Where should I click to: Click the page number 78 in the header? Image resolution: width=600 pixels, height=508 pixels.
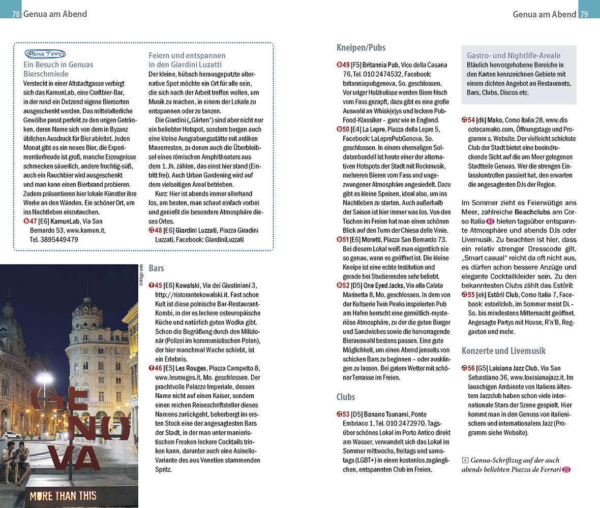coord(16,14)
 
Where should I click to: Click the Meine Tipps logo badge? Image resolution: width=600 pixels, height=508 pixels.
coord(44,54)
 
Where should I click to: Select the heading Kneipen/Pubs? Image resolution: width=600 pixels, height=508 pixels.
coord(361,48)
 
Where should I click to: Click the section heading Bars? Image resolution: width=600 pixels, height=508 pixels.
coord(156,268)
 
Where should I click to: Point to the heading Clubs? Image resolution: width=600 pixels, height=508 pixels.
coord(346,397)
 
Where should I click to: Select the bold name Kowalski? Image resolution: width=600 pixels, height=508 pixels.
coord(189,286)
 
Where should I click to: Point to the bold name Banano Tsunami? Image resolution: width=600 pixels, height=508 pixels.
coord(385,414)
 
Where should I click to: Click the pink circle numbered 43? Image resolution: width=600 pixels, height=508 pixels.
coord(491,222)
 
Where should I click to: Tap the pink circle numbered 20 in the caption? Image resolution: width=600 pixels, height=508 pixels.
coord(566,470)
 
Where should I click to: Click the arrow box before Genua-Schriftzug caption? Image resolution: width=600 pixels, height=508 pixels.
coord(465,461)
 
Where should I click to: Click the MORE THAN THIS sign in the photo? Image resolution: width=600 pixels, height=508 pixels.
coord(64,496)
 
